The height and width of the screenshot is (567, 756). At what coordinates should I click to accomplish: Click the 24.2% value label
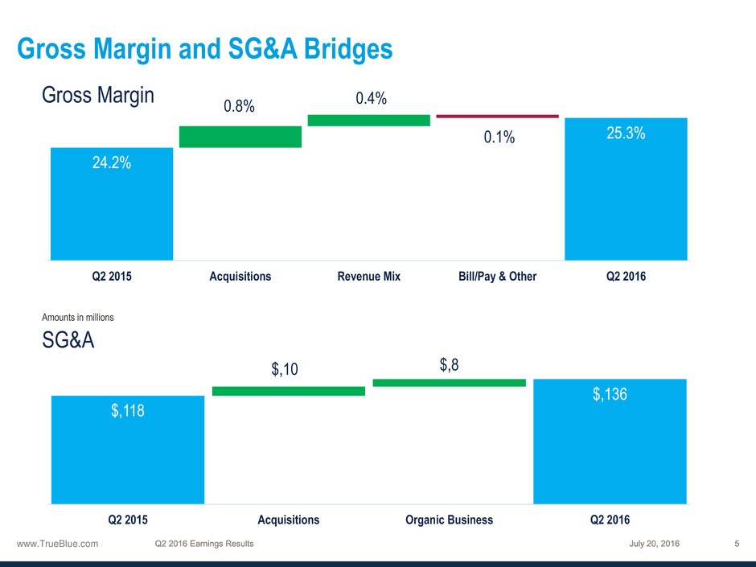tap(111, 162)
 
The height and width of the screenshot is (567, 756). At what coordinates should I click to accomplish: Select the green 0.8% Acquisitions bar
tap(240, 137)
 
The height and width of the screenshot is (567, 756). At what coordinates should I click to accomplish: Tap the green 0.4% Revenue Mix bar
tap(368, 120)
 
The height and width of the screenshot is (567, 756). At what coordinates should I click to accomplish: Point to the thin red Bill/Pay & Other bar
tap(497, 117)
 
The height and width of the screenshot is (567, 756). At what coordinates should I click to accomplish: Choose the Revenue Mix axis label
tap(368, 277)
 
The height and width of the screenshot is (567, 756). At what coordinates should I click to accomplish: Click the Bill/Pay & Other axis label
tap(497, 277)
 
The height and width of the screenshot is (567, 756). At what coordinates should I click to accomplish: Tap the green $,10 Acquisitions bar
tap(288, 391)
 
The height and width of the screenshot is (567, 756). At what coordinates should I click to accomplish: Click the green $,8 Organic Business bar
tap(449, 383)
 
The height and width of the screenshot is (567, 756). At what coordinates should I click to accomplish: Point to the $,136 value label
tap(610, 394)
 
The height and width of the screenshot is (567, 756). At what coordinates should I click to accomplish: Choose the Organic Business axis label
tap(449, 520)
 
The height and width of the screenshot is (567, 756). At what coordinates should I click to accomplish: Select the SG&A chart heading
tap(68, 341)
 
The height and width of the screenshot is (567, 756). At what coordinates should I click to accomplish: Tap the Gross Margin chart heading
tap(98, 95)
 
